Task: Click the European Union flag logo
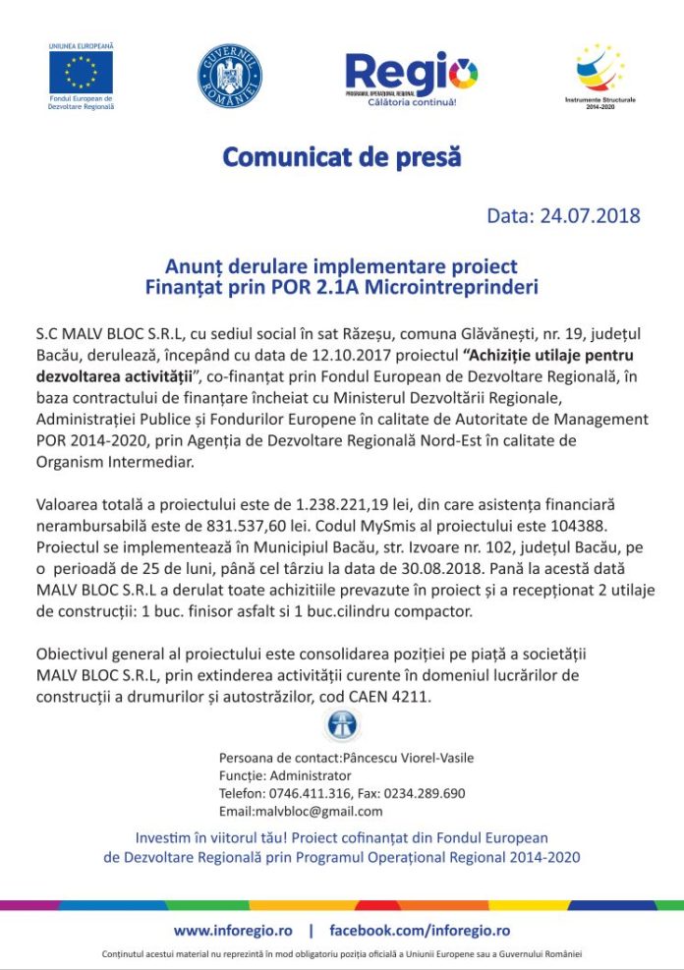[x=81, y=72]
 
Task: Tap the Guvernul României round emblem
[x=230, y=75]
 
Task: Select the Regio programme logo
[x=411, y=75]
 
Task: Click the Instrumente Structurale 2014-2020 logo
[x=599, y=70]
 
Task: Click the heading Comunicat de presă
[x=341, y=156]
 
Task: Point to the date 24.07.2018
[x=590, y=215]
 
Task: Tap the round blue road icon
[x=341, y=726]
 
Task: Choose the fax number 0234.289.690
[x=425, y=793]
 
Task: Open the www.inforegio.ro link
[x=232, y=930]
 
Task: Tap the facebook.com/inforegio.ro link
[x=420, y=930]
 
